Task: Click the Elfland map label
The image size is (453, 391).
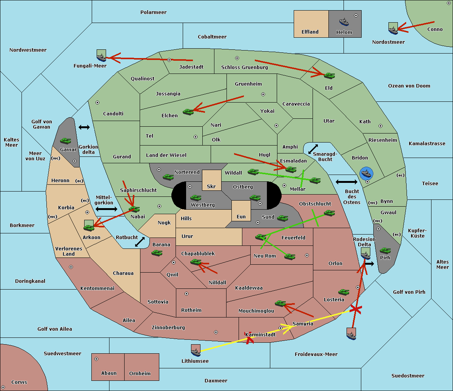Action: pos(310,32)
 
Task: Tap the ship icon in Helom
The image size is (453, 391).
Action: pos(344,21)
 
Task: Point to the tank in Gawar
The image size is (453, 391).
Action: pos(66,141)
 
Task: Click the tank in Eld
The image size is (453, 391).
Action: pos(329,75)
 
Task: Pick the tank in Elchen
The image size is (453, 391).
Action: pos(188,112)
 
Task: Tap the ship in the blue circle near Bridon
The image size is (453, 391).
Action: pos(366,173)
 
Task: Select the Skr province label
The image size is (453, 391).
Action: pos(211,186)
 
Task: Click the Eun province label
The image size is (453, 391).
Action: pos(241,217)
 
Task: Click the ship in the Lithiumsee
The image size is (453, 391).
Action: pos(196,351)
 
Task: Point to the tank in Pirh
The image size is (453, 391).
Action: pos(385,251)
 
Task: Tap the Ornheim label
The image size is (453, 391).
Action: pos(140,373)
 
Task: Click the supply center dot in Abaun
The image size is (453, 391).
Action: pos(96,359)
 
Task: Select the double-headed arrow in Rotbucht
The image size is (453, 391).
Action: pos(140,242)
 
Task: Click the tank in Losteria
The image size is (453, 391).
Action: pos(344,292)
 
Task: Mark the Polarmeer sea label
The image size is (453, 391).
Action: pos(153,12)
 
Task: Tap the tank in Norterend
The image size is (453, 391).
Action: pos(168,177)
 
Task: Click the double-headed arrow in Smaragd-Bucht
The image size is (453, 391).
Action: pos(313,149)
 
